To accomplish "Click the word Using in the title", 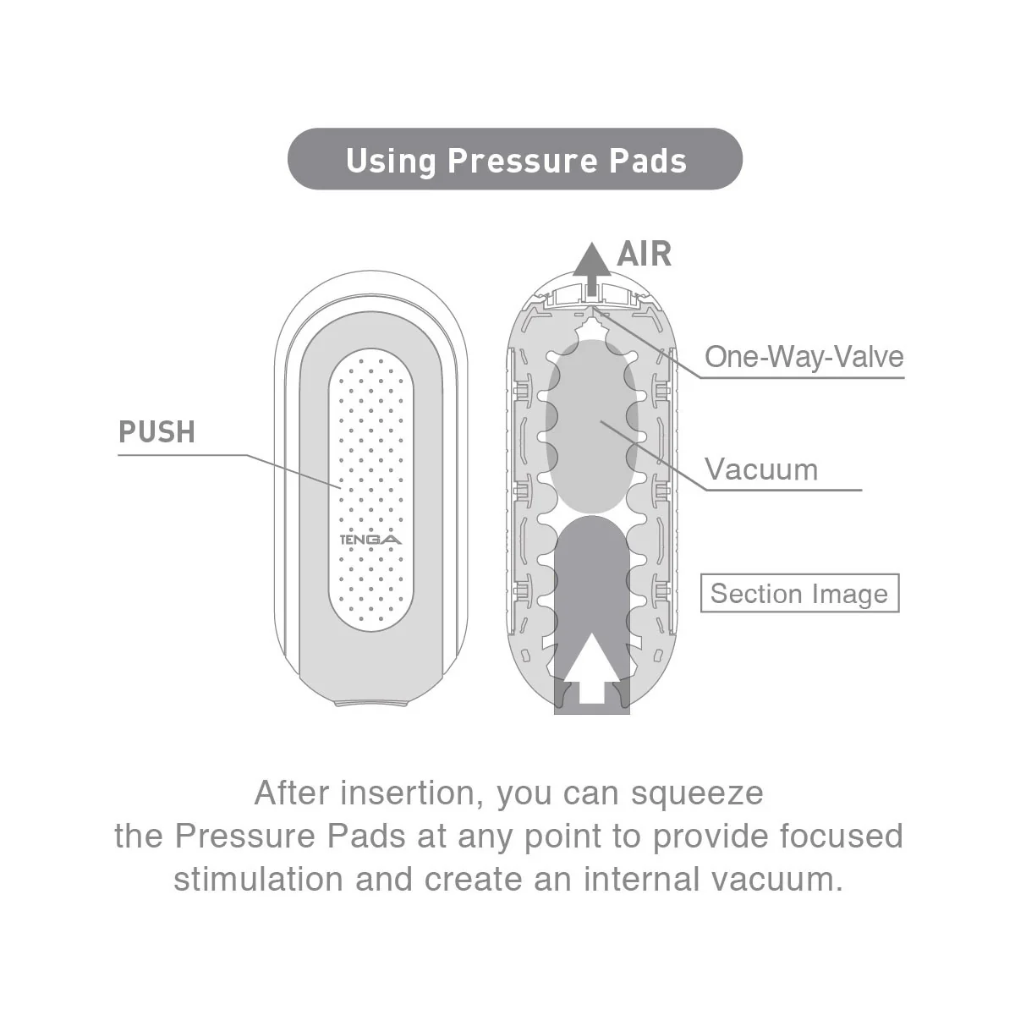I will pos(391,160).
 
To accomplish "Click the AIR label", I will pos(645,254).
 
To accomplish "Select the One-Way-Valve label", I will pos(804,356).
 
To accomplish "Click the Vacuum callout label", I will pos(761,469).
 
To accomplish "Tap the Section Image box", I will pos(799,594).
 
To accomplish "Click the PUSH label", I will pos(157,432).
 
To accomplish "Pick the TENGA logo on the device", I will pos(370,540).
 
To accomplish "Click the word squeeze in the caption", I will pos(698,793).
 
